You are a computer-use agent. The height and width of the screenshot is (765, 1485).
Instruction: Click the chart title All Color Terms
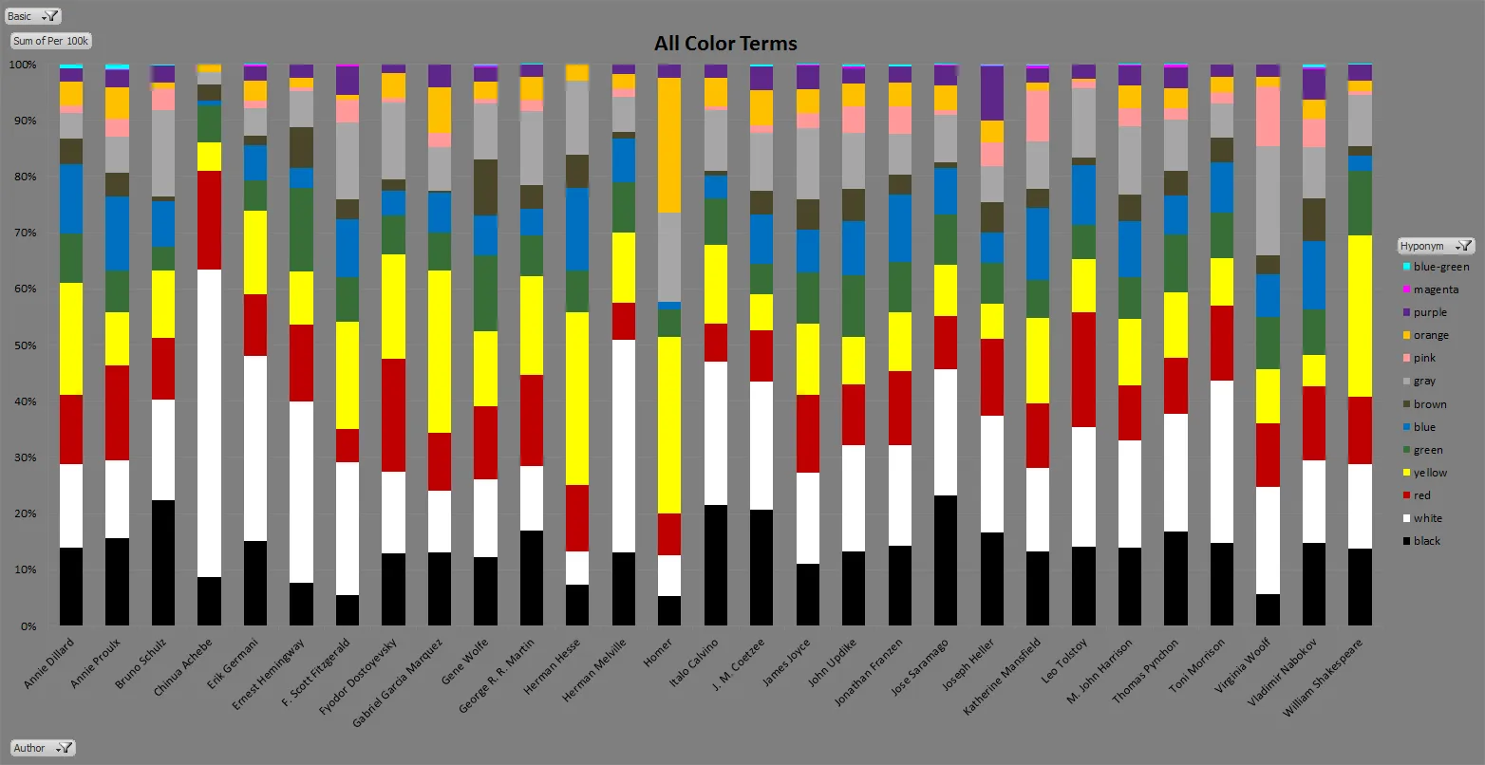pyautogui.click(x=725, y=44)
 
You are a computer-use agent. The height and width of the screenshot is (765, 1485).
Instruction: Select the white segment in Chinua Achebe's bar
pyautogui.click(x=208, y=423)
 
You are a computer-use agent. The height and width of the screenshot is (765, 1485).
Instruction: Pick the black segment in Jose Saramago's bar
pyautogui.click(x=946, y=560)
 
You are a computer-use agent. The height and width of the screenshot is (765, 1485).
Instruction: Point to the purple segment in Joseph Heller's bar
pyautogui.click(x=992, y=93)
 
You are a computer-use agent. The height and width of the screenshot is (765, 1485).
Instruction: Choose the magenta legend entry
pyautogui.click(x=1436, y=289)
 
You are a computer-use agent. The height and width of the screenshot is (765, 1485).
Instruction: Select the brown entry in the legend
pyautogui.click(x=1430, y=404)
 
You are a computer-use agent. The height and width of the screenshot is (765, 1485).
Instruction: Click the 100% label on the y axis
pyautogui.click(x=23, y=65)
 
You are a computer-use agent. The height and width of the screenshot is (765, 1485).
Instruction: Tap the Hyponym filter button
pyautogui.click(x=1437, y=246)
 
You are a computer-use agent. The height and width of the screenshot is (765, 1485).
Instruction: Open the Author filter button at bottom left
pyautogui.click(x=43, y=748)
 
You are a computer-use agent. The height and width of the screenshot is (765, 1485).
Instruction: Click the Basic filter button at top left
pyautogui.click(x=33, y=16)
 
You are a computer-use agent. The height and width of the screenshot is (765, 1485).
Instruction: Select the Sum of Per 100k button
pyautogui.click(x=51, y=41)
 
